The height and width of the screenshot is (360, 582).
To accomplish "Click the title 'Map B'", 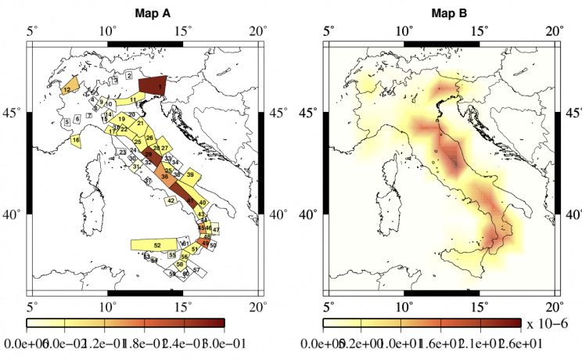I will click(440, 13).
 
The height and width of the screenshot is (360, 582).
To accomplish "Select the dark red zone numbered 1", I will click(153, 85).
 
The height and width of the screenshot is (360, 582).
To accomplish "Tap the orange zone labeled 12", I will click(68, 88).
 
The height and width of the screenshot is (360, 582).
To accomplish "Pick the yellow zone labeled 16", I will click(75, 140).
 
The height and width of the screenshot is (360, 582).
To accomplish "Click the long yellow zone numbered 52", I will click(156, 245).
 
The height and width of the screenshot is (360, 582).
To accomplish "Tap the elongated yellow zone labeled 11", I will click(135, 99).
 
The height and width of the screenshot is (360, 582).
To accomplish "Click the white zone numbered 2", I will click(129, 75).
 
